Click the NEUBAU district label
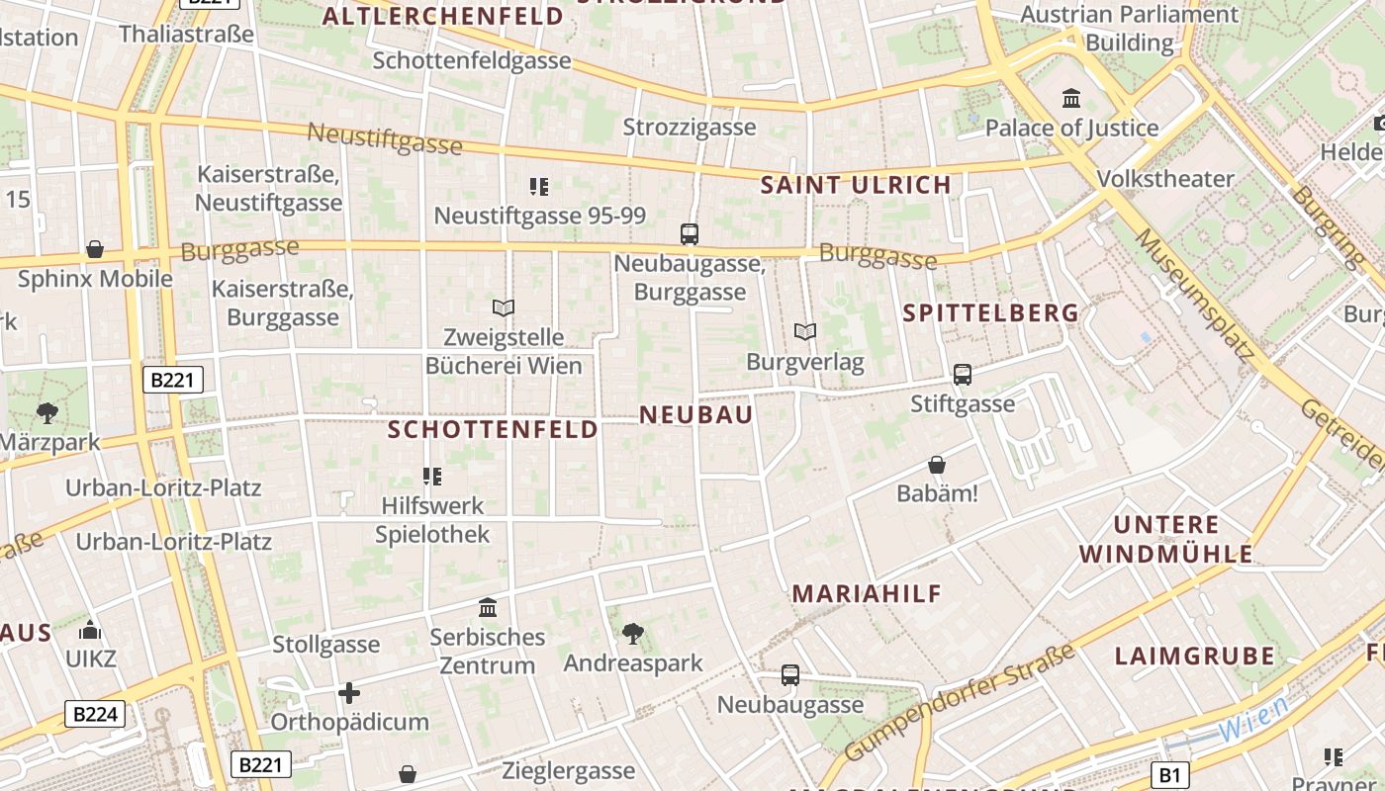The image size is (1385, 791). pos(696,415)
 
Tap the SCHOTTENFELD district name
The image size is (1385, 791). pos(493,429)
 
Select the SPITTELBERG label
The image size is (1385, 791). pos(991,313)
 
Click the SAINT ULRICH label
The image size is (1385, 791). pos(856,184)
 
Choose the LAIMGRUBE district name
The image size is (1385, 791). pos(1195,656)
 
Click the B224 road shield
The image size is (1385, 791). pos(96,714)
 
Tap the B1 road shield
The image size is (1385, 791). pos(1170,774)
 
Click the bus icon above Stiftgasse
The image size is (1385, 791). pos(963,375)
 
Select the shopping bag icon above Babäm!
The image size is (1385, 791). pos(937,464)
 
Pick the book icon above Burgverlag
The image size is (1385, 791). pos(805,332)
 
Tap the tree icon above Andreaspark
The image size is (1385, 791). pos(633,633)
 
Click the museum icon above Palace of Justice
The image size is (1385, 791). pos(1071,98)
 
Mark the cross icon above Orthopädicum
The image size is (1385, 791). pos(349,693)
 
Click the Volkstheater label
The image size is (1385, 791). pos(1165,179)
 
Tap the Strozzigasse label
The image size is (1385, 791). pos(690,128)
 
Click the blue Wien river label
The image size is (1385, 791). pos(1252,720)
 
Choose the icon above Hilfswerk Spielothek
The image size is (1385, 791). pos(432,477)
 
